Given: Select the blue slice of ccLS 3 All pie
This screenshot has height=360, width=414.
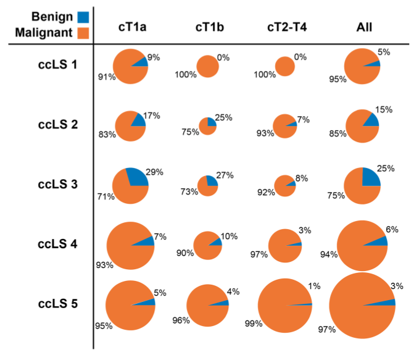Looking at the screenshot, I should (370, 177).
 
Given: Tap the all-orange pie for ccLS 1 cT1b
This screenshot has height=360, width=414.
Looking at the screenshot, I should (208, 65).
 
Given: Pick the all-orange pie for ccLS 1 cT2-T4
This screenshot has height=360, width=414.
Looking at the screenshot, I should (284, 65).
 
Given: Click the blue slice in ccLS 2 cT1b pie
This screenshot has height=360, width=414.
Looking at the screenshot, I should (212, 122).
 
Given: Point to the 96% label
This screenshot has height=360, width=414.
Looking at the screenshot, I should (180, 320).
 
